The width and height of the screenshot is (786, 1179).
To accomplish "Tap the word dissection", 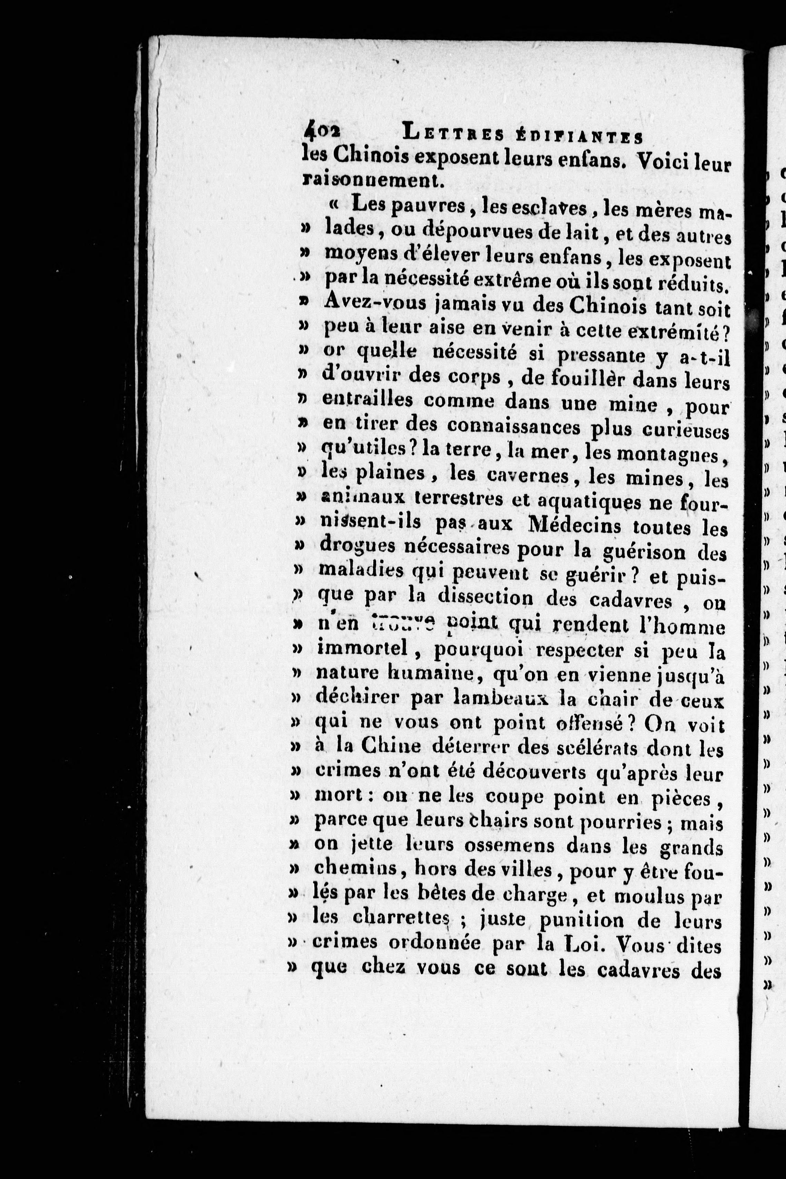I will pos(485,598).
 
